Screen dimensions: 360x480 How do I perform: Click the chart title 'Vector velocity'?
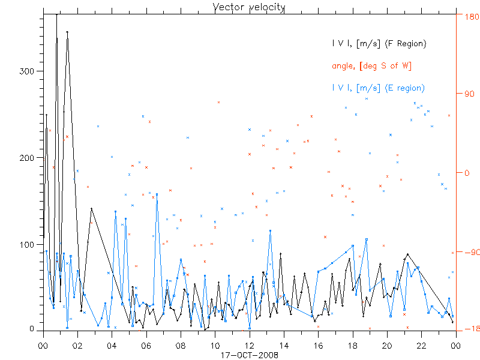pos(249,7)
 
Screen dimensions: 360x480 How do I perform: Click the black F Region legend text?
pos(379,44)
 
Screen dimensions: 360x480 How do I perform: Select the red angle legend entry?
pos(371,66)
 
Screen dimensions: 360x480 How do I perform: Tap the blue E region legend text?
pos(378,88)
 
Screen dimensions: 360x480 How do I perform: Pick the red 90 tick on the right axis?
pos(466,94)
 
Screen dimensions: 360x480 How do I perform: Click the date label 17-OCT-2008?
pos(249,354)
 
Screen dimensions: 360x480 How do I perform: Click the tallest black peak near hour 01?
pos(57,14)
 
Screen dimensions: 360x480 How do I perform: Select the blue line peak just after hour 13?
pos(270,230)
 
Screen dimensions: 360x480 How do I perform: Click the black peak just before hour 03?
pos(91,209)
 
